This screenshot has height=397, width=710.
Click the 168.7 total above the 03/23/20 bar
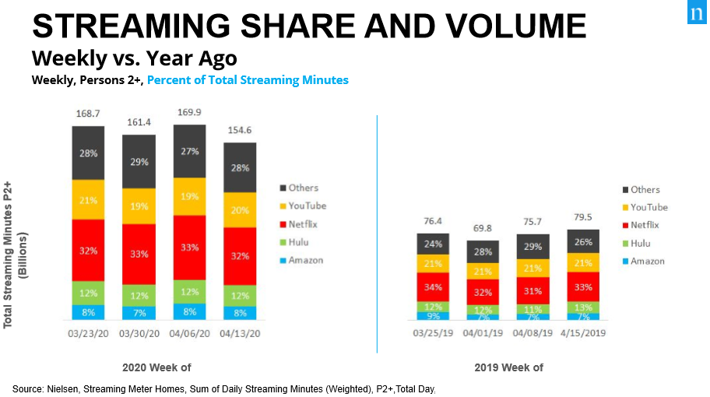pos(88,114)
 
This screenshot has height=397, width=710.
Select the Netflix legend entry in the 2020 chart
pos(304,223)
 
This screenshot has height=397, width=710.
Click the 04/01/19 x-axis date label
pos(483,333)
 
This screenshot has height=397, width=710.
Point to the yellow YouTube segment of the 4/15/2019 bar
pos(583,262)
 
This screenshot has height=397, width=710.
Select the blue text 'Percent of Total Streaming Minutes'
pos(248,79)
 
